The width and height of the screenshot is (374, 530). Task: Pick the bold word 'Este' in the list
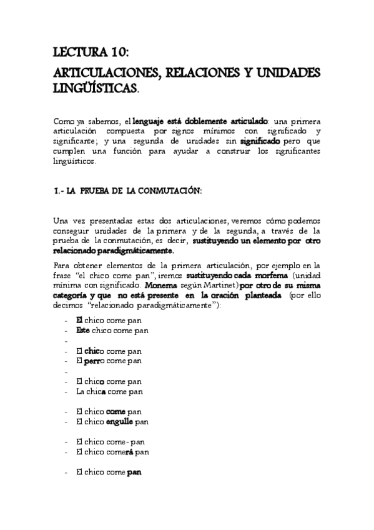point(84,330)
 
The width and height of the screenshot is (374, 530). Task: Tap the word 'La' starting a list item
point(81,391)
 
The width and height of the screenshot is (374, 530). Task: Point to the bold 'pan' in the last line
point(134,472)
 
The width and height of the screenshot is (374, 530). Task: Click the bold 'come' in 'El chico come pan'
point(116,411)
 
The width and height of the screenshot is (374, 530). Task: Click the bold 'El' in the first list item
point(79,320)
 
